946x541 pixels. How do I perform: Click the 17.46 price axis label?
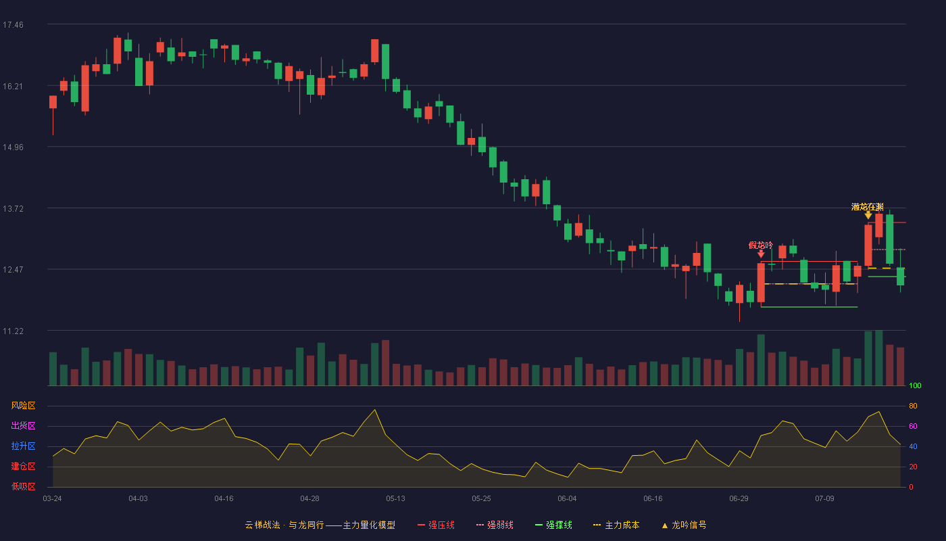(x=13, y=25)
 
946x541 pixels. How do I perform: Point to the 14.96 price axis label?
(x=13, y=147)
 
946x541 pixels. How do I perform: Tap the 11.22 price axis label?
(x=13, y=331)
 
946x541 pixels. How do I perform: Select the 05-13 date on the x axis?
(x=395, y=499)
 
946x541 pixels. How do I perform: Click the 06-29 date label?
(x=739, y=499)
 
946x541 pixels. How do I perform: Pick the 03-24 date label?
(x=53, y=499)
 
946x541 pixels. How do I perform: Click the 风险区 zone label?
(x=23, y=406)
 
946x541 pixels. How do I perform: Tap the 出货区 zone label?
(x=23, y=425)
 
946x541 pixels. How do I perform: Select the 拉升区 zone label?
(x=23, y=446)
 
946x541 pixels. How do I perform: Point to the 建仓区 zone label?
(x=23, y=466)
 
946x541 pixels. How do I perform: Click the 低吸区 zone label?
(x=23, y=486)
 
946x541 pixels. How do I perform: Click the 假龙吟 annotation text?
(x=761, y=245)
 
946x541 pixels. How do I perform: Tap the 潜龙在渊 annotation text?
(x=868, y=207)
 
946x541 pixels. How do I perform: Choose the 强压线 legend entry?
(x=436, y=525)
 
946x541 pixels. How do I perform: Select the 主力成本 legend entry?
(x=616, y=525)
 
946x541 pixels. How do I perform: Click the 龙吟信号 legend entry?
(x=684, y=525)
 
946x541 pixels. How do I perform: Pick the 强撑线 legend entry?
(x=553, y=525)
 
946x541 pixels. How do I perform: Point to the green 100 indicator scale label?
(x=915, y=385)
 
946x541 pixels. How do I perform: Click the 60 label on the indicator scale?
(x=913, y=426)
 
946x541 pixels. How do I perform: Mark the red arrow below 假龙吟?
(x=761, y=254)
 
